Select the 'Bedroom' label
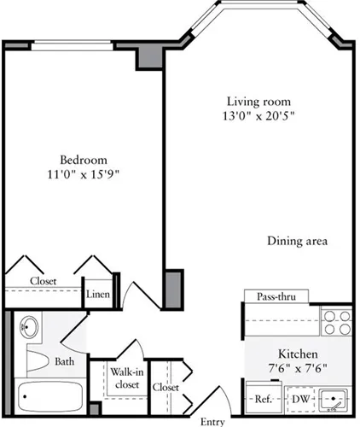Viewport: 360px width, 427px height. click(x=83, y=160)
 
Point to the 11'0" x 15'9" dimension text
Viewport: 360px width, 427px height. click(x=83, y=177)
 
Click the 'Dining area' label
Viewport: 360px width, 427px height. click(x=297, y=241)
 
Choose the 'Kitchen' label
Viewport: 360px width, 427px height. click(x=298, y=354)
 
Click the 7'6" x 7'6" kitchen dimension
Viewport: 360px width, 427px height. click(x=298, y=370)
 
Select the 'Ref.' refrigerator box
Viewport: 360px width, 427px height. click(x=262, y=399)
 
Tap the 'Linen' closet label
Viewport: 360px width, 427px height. click(x=97, y=295)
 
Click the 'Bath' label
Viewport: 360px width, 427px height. click(x=65, y=362)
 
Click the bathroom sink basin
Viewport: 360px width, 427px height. click(x=28, y=328)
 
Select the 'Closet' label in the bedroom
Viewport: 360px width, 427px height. click(x=44, y=280)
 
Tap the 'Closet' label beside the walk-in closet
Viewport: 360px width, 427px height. click(x=165, y=387)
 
